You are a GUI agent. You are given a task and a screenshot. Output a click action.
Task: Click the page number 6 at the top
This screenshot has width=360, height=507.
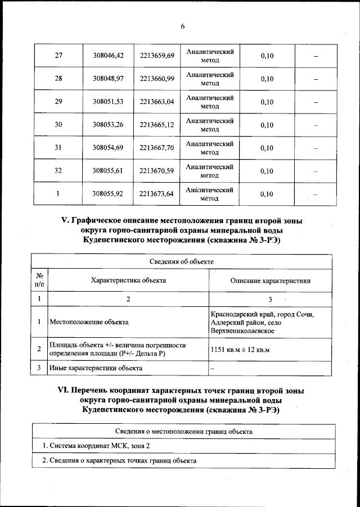(183, 26)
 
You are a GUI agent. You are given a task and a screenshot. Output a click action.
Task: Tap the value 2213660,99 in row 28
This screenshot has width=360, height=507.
(157, 79)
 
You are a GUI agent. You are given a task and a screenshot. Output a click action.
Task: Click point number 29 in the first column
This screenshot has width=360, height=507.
(58, 102)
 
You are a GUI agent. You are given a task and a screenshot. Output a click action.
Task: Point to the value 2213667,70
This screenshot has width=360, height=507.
(157, 148)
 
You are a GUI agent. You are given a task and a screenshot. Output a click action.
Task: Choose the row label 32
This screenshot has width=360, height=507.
(58, 171)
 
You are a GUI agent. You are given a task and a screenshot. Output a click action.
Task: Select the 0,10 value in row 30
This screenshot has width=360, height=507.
(267, 125)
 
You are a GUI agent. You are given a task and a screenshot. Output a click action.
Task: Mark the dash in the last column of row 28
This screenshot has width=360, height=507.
(316, 79)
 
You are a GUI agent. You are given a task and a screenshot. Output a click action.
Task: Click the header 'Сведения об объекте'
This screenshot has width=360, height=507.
(181, 261)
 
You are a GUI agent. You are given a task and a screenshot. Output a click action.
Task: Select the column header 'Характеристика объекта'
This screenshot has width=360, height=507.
(128, 280)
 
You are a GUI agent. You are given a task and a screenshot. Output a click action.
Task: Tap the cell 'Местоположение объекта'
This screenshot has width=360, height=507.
(89, 323)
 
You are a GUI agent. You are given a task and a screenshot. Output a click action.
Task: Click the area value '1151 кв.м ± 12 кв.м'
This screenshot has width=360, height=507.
(240, 350)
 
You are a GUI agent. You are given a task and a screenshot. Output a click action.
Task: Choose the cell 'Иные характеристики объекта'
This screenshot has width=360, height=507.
(96, 368)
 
